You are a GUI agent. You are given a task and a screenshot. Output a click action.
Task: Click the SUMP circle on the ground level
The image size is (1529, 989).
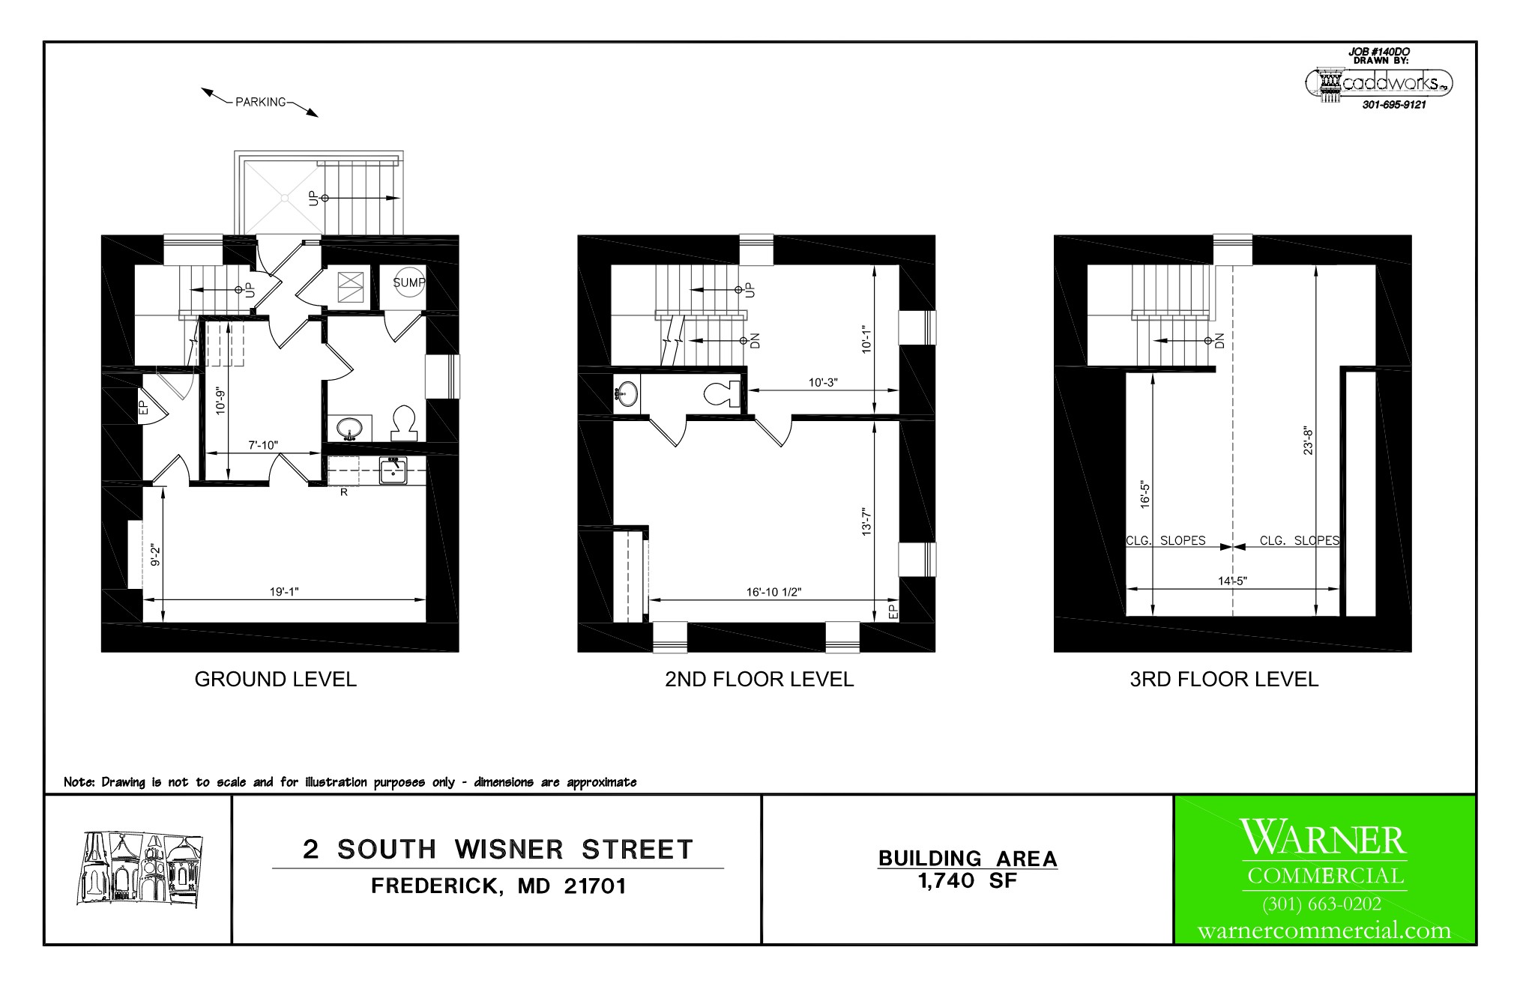[409, 283]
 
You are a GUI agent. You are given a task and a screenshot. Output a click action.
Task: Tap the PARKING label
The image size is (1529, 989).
[261, 102]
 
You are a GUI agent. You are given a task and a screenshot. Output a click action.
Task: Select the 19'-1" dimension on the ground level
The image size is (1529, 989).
[284, 592]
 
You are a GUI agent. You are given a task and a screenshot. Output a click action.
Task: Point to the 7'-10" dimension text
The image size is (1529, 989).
[263, 445]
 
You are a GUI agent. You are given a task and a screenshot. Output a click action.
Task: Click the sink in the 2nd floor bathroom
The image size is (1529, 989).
[627, 393]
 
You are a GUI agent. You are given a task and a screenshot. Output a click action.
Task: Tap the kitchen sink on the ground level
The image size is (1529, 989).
[393, 471]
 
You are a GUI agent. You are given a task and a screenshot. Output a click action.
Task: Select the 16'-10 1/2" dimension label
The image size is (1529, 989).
[773, 592]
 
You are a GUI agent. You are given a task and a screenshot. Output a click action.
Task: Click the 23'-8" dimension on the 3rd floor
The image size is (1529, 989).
[1308, 441]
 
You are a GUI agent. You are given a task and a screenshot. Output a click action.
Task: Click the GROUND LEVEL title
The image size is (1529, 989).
[276, 680]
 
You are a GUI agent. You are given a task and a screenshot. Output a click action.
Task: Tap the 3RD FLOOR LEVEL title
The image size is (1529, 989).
[1224, 680]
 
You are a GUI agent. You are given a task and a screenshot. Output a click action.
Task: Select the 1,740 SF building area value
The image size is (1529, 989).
[968, 881]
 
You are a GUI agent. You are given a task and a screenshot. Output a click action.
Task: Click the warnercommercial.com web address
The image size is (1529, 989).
[1324, 931]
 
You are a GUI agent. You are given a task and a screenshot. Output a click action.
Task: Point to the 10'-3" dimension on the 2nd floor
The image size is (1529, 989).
[823, 382]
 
